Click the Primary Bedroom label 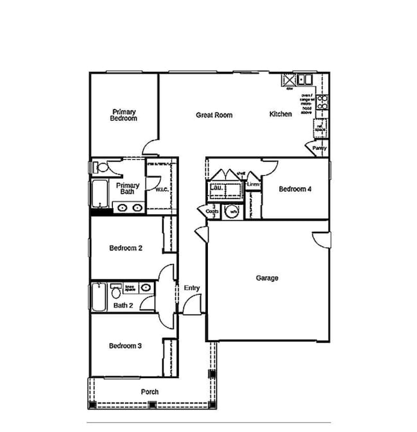123,115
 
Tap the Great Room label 214,115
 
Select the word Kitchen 280,114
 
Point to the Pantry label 319,148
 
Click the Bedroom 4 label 296,189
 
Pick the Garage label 267,278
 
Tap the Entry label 192,288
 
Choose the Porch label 149,392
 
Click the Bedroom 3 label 125,346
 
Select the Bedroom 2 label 125,248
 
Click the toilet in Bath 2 116,293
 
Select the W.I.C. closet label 162,190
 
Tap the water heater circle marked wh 234,211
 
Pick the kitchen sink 302,80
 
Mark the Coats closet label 212,211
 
